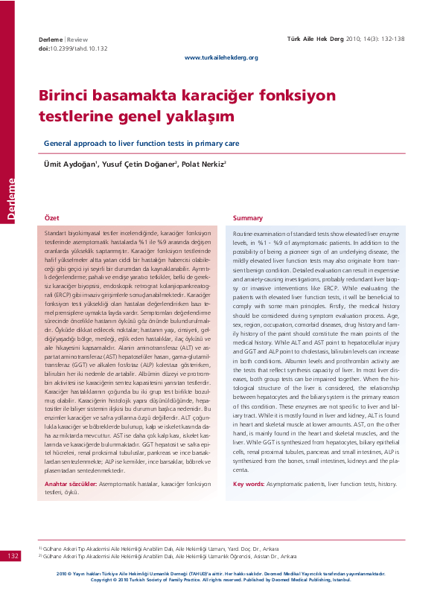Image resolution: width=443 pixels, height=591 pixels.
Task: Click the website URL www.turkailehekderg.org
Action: pos(221,57)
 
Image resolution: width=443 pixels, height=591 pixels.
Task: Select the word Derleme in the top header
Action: pos(51,38)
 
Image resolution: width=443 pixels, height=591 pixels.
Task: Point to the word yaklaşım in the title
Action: pos(195,117)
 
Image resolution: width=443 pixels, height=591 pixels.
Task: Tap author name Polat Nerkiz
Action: pos(203,164)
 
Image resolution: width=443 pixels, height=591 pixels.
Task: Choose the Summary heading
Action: pos(247,217)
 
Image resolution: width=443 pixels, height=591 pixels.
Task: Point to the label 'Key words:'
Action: pos(249,484)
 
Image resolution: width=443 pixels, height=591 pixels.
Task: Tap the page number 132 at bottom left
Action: pos(13,556)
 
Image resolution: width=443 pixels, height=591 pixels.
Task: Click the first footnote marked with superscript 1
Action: pos(164,548)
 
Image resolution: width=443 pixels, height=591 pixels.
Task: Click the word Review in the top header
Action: pos(78,38)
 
